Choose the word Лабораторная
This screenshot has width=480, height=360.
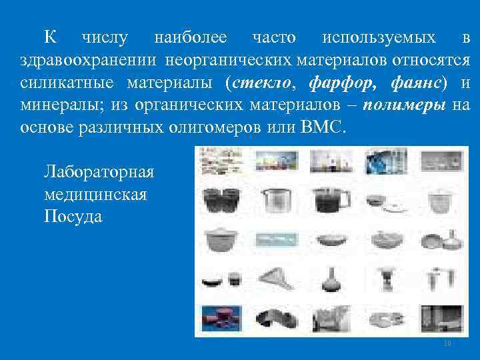point(99,171)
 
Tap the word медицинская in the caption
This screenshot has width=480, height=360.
point(95,194)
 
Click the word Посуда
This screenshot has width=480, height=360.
point(73,217)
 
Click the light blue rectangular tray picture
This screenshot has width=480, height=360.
point(275,238)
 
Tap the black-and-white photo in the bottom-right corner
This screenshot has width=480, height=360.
point(441,317)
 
